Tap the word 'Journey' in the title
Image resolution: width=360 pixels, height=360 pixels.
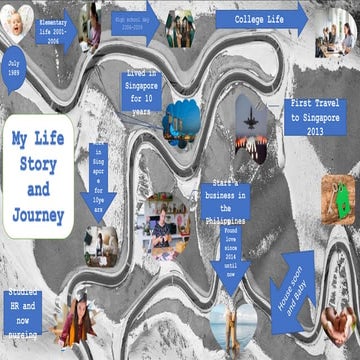(39, 215)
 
